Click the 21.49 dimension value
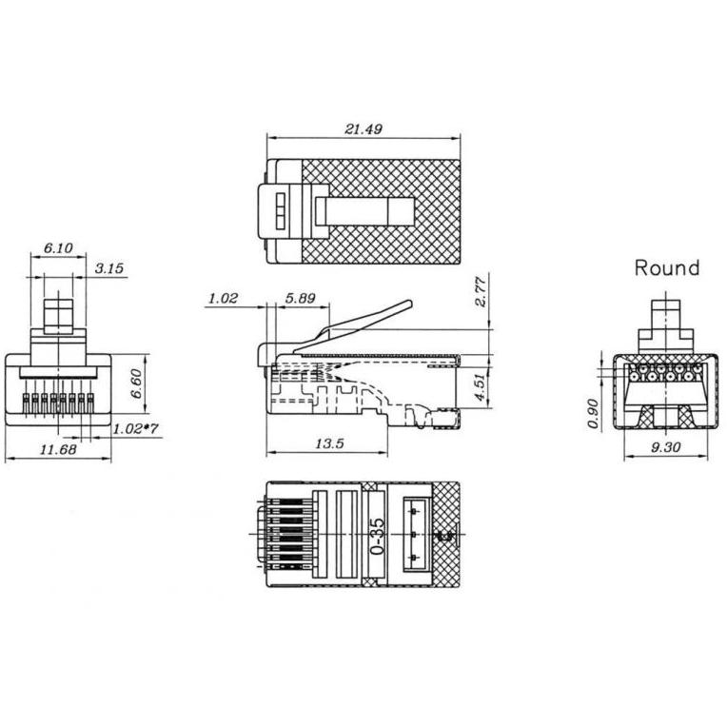pyautogui.click(x=363, y=128)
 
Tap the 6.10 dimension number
pyautogui.click(x=58, y=248)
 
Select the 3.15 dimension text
pyautogui.click(x=109, y=268)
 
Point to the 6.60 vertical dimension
pyautogui.click(x=136, y=383)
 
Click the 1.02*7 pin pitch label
pyautogui.click(x=135, y=429)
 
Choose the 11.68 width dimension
pyautogui.click(x=58, y=449)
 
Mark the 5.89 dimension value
pyautogui.click(x=300, y=298)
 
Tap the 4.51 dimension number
pyautogui.click(x=480, y=387)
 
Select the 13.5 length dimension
pyautogui.click(x=329, y=443)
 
